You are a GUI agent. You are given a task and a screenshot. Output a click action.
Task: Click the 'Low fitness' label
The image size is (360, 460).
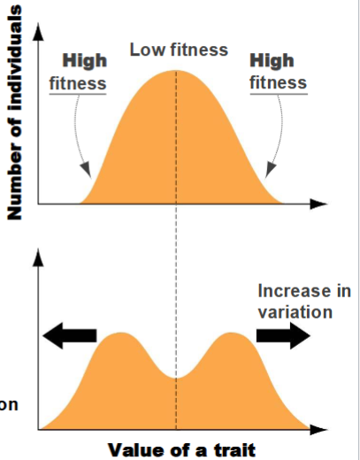(x=179, y=50)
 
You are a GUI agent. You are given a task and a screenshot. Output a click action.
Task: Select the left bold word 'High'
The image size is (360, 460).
(x=84, y=61)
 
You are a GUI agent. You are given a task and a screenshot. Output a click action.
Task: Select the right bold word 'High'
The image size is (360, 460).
(x=272, y=61)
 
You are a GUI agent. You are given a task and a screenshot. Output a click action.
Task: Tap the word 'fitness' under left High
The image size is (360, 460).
(x=78, y=84)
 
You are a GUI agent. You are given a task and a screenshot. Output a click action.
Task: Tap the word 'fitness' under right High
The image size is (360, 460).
(x=278, y=83)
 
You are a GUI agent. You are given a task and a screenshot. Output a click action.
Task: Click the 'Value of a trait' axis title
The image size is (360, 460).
(x=181, y=449)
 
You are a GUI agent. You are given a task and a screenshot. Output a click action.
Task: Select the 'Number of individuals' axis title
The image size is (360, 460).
(x=14, y=111)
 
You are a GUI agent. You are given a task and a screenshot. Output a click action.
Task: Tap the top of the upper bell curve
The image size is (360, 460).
(x=176, y=71)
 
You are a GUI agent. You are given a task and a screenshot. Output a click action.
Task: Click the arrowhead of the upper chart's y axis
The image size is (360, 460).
(x=37, y=31)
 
